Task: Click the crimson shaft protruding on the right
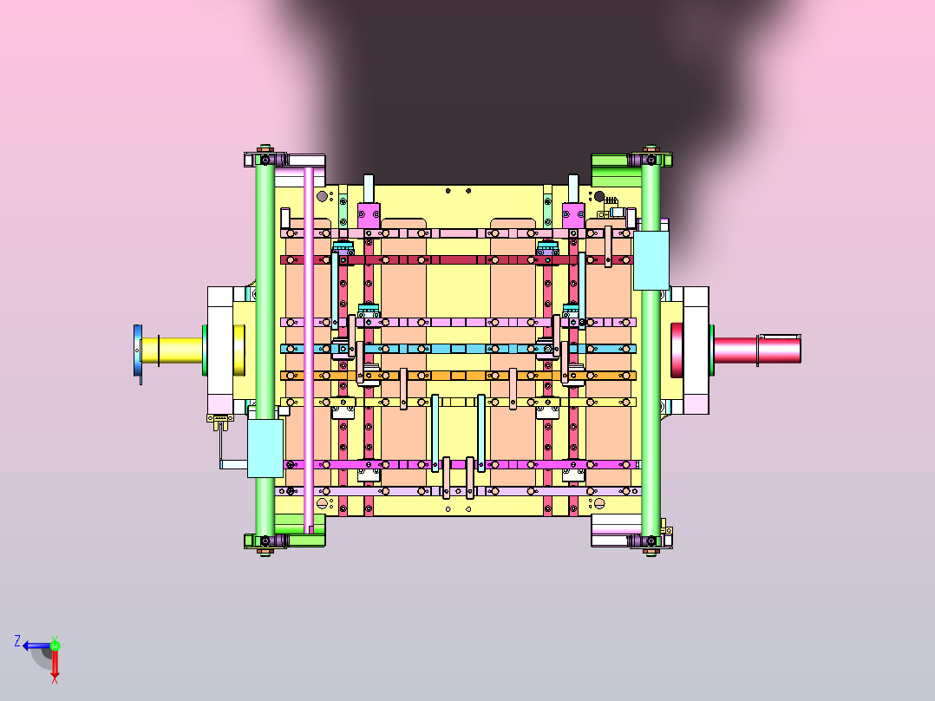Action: click(x=757, y=349)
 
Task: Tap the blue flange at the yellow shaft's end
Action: click(x=138, y=354)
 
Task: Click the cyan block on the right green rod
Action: click(x=651, y=260)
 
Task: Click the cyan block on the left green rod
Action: click(x=265, y=448)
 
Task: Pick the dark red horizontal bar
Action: click(x=457, y=260)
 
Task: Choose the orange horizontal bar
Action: click(x=458, y=376)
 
